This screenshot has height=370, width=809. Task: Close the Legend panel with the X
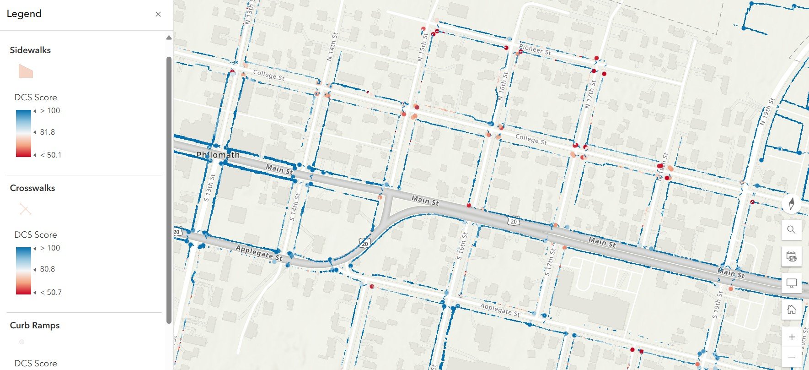pos(158,14)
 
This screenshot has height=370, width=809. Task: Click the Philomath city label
pos(218,155)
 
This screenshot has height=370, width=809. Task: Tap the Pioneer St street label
pos(535,49)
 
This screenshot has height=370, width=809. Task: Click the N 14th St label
pos(332,46)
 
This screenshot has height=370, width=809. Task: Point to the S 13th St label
pos(209,187)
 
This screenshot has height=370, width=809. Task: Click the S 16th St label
pos(462,246)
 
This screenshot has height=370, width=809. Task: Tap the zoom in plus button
pos(792,337)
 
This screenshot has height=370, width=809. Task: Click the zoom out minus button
pos(792,357)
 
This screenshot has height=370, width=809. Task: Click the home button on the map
pos(792,310)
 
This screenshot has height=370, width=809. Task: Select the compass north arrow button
pos(792,203)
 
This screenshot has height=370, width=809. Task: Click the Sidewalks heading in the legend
pos(30,50)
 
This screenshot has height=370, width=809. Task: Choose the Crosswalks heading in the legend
pos(32,188)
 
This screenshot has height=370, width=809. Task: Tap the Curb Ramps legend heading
pos(35,326)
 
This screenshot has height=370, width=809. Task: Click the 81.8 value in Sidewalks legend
pos(47,132)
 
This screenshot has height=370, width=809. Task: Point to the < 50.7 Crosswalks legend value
pos(51,292)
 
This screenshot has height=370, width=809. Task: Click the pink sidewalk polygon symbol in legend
pos(26,71)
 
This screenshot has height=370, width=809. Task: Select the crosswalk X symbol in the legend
pos(25,209)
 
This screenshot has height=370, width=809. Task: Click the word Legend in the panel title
pos(24,14)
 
